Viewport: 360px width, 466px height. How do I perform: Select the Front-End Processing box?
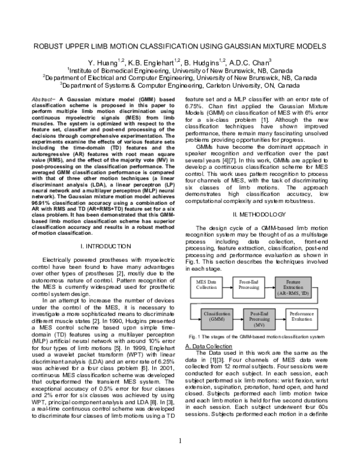click(248, 284)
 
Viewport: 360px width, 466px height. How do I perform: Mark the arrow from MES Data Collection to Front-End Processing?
click(226, 284)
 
